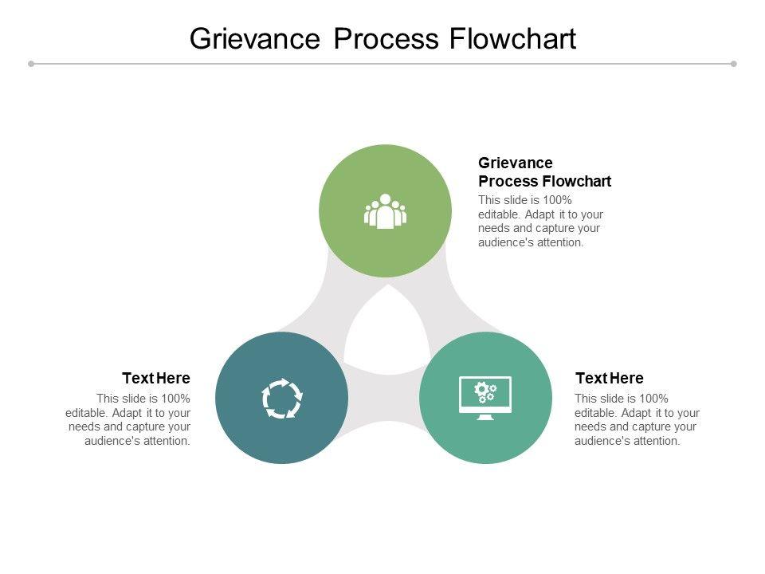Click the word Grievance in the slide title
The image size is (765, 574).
click(255, 38)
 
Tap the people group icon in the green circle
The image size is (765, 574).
click(385, 211)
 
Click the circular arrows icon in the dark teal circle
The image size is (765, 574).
click(282, 398)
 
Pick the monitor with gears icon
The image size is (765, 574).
click(485, 398)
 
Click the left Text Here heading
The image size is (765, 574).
click(156, 378)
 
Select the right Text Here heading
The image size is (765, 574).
click(609, 378)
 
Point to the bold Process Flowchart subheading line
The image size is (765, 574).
click(544, 181)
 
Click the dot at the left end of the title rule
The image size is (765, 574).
click(31, 64)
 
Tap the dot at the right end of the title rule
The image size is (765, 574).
click(734, 64)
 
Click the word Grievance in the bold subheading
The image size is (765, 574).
click(516, 163)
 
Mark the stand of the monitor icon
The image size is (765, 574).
click(485, 416)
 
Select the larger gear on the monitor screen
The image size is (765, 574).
click(481, 390)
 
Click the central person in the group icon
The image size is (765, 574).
click(385, 211)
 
